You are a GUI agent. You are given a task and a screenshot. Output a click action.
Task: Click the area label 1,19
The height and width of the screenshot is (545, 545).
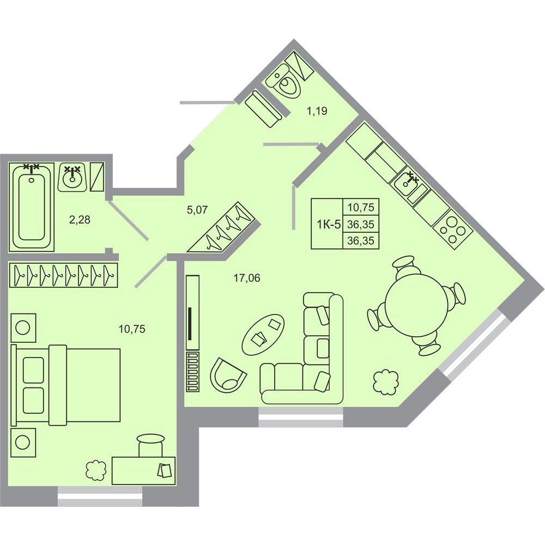(x=317, y=111)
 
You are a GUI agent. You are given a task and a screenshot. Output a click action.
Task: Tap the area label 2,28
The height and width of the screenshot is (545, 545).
(x=80, y=220)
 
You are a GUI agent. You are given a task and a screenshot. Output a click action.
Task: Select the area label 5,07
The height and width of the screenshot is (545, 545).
(x=197, y=210)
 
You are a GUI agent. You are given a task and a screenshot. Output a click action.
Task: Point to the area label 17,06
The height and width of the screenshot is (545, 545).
(x=247, y=278)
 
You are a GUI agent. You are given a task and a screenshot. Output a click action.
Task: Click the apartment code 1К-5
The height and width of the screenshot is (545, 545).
(x=329, y=224)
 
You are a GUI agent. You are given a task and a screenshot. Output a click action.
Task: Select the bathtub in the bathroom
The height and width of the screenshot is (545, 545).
(x=31, y=207)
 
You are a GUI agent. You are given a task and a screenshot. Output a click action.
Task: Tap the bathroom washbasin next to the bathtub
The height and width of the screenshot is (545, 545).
(x=72, y=177)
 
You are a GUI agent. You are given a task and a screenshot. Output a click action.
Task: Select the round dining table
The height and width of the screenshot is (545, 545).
(x=417, y=305)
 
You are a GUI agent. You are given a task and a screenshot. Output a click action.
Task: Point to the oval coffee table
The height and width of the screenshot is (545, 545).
(x=263, y=334)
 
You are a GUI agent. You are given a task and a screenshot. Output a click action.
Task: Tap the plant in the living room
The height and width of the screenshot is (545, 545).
(x=385, y=383)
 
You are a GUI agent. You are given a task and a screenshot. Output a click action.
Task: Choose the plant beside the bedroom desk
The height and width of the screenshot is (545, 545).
(x=95, y=470)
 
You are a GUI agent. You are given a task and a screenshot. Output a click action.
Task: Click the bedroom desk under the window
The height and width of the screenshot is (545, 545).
(x=143, y=470)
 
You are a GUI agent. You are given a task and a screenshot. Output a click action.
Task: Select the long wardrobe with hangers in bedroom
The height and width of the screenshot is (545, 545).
(x=64, y=275)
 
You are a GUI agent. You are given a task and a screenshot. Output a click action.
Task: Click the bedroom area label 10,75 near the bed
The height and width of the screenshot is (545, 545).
(x=132, y=329)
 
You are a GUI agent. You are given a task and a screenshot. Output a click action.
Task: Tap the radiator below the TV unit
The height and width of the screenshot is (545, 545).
(x=193, y=372)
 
